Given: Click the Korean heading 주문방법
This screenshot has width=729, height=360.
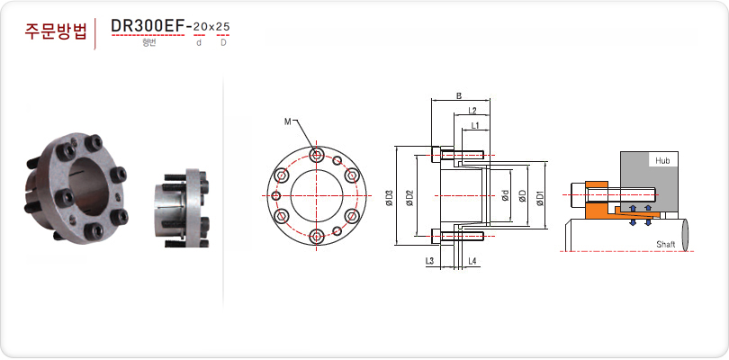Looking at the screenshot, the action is click(x=55, y=31).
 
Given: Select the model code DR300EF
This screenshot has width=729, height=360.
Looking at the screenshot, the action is click(x=148, y=26).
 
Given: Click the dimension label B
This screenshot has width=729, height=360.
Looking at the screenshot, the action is click(x=459, y=96).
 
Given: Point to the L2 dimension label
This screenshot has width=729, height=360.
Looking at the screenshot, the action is click(x=472, y=111).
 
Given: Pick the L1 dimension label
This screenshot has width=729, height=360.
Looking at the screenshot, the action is click(x=475, y=126).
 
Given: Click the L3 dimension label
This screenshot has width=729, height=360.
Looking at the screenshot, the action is click(x=429, y=261).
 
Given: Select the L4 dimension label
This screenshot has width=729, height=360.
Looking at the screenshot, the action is click(x=472, y=261).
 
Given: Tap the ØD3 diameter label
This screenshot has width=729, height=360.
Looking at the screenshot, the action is click(x=390, y=197).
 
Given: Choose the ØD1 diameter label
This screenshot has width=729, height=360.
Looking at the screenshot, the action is click(x=540, y=197).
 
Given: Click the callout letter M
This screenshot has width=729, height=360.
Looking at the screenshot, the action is click(x=287, y=121).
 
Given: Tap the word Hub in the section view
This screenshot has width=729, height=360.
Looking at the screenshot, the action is click(x=662, y=161).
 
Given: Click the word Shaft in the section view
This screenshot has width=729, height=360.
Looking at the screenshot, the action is click(x=666, y=244).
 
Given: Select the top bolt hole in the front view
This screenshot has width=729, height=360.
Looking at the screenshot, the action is click(x=317, y=155).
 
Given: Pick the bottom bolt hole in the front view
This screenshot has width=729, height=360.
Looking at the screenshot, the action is click(x=317, y=238).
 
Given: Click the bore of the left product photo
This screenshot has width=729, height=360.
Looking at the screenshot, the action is click(x=90, y=186).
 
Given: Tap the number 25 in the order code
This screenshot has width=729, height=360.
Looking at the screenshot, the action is click(x=223, y=27).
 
